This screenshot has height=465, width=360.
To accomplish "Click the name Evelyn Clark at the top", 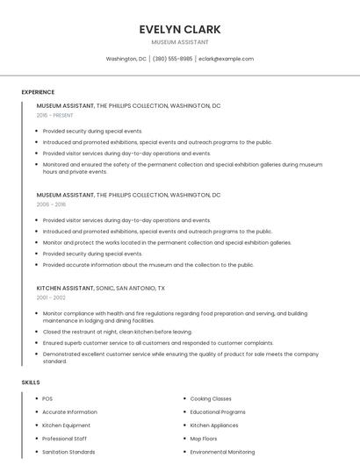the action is pos(180,29).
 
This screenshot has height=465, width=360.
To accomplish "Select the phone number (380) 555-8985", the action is pos(172,59).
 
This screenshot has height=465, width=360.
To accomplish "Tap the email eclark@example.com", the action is pos(226,59).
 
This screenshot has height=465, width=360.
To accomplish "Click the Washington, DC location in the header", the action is pos(126,59).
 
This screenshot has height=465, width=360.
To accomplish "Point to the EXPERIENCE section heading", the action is pos(38,91).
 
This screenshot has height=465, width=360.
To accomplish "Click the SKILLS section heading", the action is pos(31,383).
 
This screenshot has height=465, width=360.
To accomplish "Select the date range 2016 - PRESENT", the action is pos(54,115).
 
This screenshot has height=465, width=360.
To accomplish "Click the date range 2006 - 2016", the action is pos(51,204).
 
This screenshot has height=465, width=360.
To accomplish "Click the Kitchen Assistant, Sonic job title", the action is pos(101,288).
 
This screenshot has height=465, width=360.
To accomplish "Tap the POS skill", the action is pos(47,398).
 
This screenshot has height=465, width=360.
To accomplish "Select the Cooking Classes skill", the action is pos(211,398).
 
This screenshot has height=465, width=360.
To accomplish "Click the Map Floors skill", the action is pos(205,438).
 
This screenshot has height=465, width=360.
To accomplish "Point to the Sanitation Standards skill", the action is pos(68,452).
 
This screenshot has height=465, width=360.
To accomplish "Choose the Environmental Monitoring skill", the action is pos(223,452).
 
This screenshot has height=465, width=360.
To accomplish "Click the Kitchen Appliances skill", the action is pos(215,425).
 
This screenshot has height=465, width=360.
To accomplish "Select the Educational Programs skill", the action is pos(218,411).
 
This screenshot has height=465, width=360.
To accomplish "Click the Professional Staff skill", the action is pos(65,438).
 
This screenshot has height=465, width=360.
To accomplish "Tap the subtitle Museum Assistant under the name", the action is pos(180,41).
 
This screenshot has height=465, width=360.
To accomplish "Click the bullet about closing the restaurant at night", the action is pos(117,332).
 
